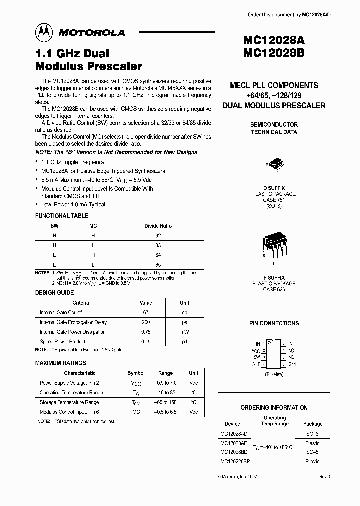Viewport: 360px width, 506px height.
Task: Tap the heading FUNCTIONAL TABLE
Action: (62, 216)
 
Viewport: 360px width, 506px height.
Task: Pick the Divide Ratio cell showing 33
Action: (158, 245)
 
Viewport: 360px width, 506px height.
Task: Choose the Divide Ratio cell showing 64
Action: (158, 254)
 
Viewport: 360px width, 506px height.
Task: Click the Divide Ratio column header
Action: (158, 226)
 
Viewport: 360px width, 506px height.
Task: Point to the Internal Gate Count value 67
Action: (146, 312)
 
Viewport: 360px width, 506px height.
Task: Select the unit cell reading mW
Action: (184, 332)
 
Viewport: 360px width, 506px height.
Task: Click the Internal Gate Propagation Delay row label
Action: (73, 322)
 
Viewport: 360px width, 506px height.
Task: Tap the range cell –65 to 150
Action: (165, 402)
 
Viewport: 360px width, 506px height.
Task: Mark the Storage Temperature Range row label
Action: (69, 402)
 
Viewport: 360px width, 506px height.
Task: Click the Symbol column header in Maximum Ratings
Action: (136, 373)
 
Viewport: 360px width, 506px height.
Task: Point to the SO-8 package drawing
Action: (274, 165)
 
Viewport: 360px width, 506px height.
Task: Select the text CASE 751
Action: (274, 200)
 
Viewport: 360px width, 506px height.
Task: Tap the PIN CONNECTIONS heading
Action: (274, 323)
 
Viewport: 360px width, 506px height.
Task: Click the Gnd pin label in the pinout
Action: (292, 364)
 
